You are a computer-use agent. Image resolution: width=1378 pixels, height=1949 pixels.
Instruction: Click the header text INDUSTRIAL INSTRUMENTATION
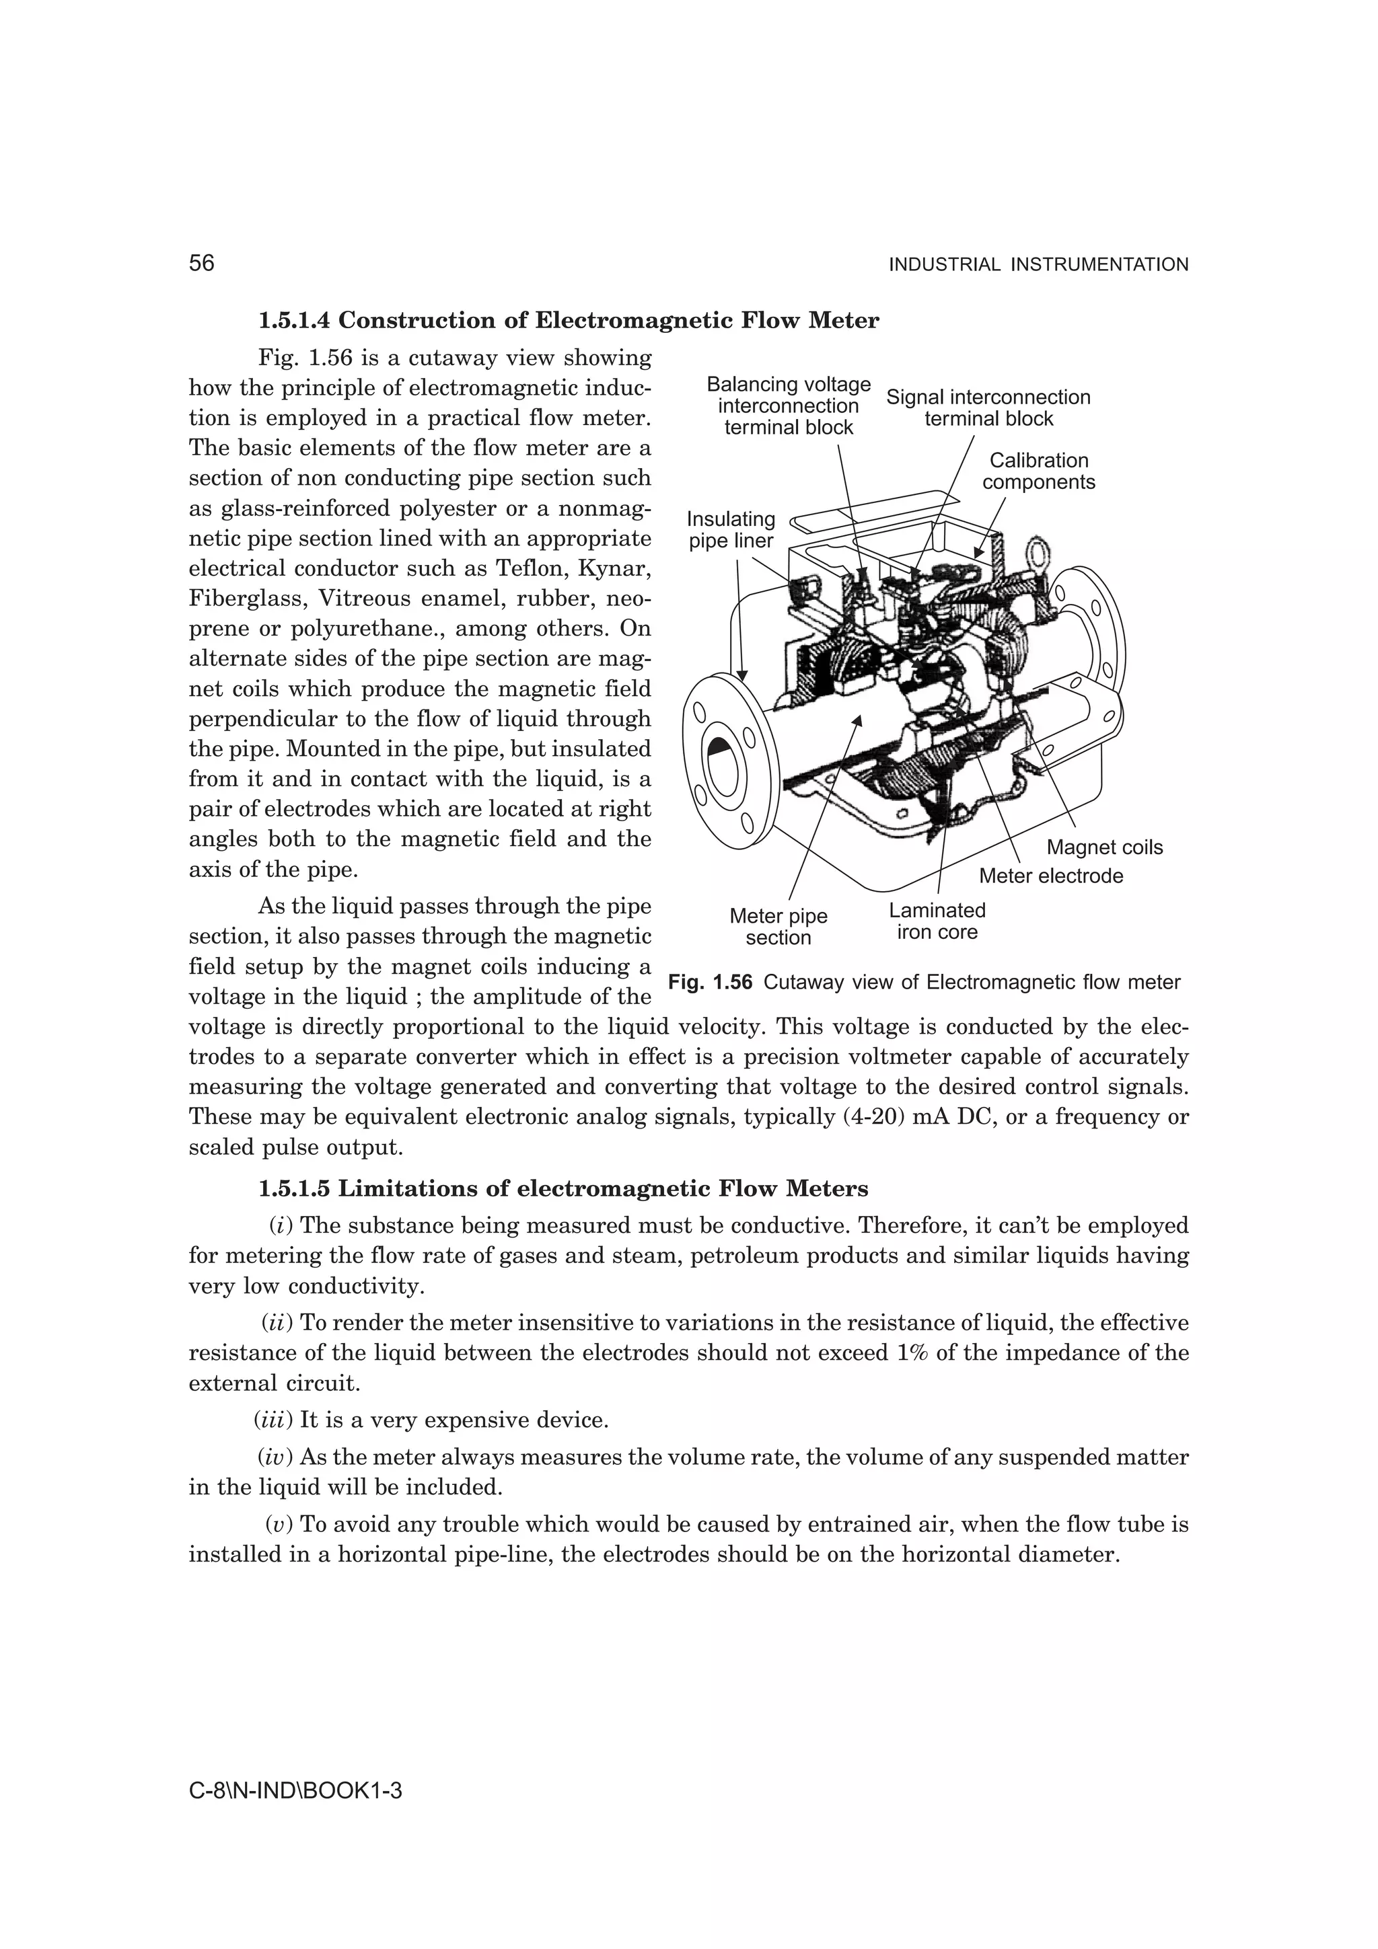pos(1038,265)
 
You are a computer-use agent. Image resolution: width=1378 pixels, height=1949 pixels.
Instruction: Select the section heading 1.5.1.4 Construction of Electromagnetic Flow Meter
pos(568,321)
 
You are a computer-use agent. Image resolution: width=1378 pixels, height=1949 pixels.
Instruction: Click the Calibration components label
pos(1038,471)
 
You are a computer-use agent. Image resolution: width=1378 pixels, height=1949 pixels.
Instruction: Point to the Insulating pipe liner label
pos(730,530)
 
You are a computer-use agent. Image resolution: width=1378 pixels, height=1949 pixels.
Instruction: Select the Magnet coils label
pos(1103,847)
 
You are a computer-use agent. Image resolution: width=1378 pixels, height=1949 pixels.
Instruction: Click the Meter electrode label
pos(1050,876)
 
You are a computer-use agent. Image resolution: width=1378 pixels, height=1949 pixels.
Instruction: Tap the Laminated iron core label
pos(937,921)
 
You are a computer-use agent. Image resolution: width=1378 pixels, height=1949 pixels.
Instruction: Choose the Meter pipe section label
pos(778,927)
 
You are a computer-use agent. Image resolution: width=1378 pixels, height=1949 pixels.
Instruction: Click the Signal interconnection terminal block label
pos(988,408)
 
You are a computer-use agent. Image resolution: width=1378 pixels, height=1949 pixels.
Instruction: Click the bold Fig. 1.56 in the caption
pos(710,982)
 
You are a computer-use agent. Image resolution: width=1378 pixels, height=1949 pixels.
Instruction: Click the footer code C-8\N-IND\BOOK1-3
pos(295,1791)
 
